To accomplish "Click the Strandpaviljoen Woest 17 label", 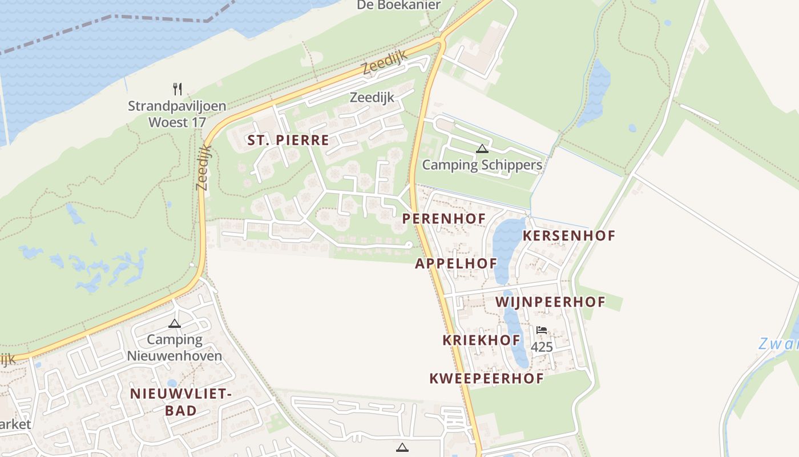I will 177,114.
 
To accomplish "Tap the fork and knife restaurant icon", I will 177,89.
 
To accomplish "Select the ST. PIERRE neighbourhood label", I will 288,140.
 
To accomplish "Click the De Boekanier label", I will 399,5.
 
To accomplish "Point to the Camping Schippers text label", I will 482,165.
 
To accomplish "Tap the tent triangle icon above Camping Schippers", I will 482,149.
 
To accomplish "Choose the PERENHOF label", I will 444,218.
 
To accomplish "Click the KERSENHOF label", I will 569,235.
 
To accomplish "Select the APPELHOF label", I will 456,263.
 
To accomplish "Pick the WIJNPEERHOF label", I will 550,302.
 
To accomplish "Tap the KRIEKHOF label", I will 481,340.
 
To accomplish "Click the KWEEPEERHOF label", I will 486,378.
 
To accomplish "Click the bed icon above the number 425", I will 542,330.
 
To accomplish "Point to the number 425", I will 542,347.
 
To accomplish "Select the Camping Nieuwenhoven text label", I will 175,347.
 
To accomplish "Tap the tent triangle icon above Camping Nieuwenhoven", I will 175,323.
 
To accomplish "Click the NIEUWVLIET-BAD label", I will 180,402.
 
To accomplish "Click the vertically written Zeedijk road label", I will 203,167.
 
